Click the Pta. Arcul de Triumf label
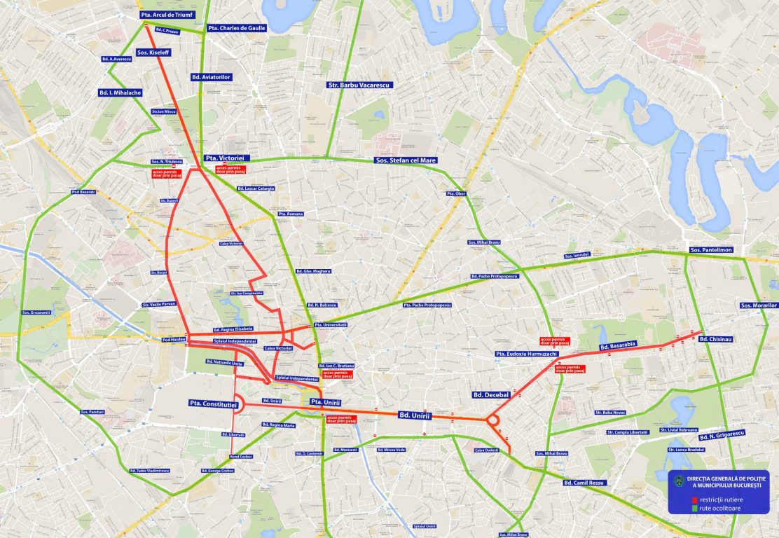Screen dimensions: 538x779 coord(167,14)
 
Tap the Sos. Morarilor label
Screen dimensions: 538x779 coord(759,305)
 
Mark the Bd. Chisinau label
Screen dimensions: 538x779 coord(715,339)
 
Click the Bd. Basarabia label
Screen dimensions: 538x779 coord(618,345)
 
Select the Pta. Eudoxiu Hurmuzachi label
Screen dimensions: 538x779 coord(526,354)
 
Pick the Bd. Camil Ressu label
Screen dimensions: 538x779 coord(585,483)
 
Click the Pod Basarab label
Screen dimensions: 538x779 coord(83,192)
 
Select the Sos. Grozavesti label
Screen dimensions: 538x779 coord(36,312)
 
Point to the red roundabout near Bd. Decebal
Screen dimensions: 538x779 coord(492,420)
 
